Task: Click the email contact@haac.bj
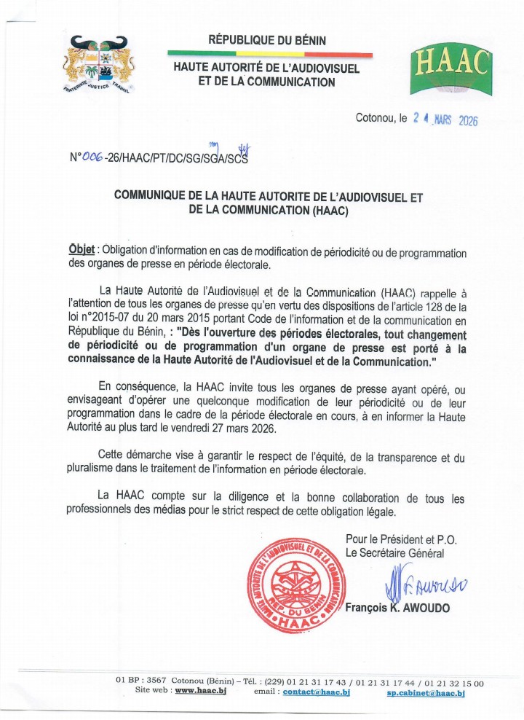317,691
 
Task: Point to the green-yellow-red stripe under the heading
269,53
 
